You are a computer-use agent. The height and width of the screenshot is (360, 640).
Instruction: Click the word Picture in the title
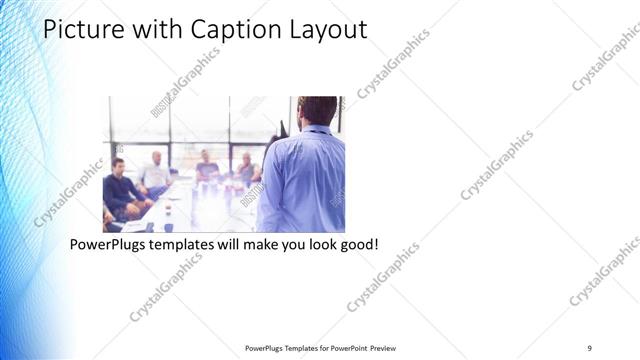click(81, 30)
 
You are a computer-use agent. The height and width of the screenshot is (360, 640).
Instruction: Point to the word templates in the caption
click(187, 245)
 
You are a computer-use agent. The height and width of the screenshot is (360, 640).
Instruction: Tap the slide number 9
click(589, 347)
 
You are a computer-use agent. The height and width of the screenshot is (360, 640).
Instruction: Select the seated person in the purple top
click(207, 167)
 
